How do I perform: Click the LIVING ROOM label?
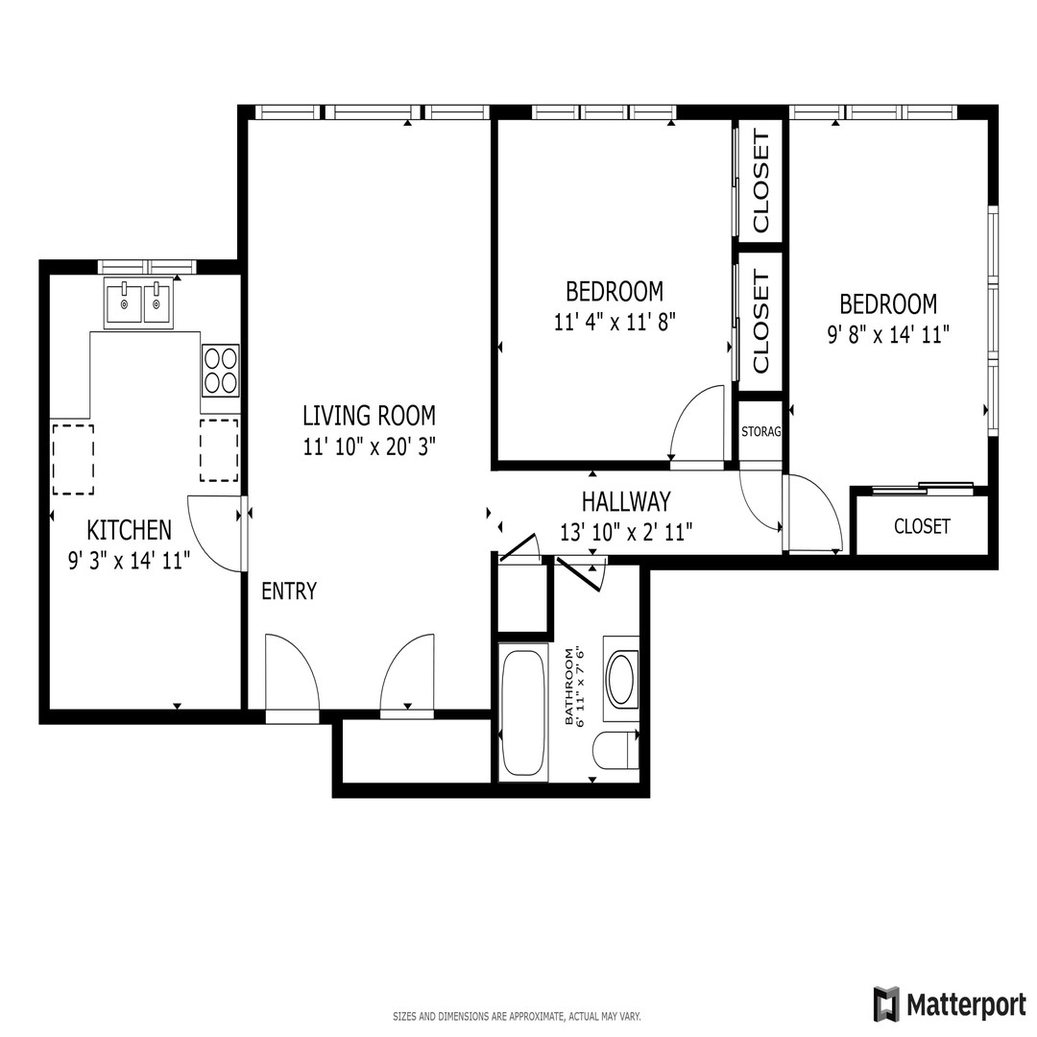[369, 416]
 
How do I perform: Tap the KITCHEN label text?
[129, 530]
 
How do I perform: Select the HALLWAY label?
[625, 501]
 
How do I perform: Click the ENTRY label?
[289, 591]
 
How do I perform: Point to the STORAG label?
[760, 432]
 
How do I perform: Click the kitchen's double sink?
[138, 303]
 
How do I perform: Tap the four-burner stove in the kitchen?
[221, 370]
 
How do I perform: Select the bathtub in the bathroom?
[524, 712]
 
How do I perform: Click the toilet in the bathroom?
[615, 750]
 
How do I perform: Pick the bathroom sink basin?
[621, 679]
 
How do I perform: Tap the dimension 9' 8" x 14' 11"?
[888, 334]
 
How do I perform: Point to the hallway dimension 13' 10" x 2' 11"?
[626, 531]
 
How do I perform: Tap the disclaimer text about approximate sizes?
[517, 1016]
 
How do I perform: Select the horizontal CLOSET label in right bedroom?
[922, 526]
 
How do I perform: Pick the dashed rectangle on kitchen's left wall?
[73, 459]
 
